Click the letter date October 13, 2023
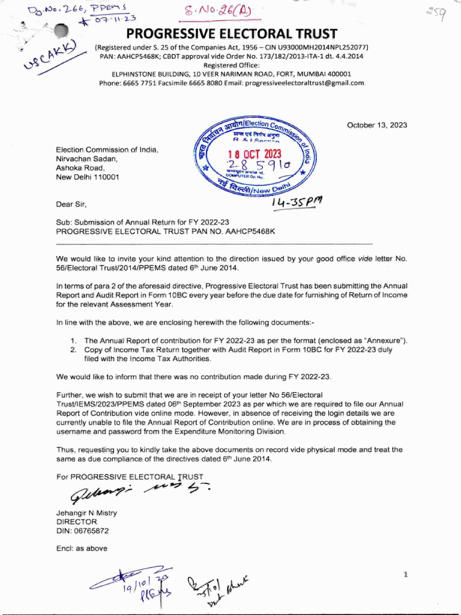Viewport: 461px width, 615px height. (376, 126)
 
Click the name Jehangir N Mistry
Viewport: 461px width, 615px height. (86, 513)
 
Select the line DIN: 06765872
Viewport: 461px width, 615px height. (82, 531)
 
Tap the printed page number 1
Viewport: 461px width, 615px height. (406, 575)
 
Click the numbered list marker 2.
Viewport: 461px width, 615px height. (73, 349)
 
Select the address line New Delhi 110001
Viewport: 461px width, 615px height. (88, 178)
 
